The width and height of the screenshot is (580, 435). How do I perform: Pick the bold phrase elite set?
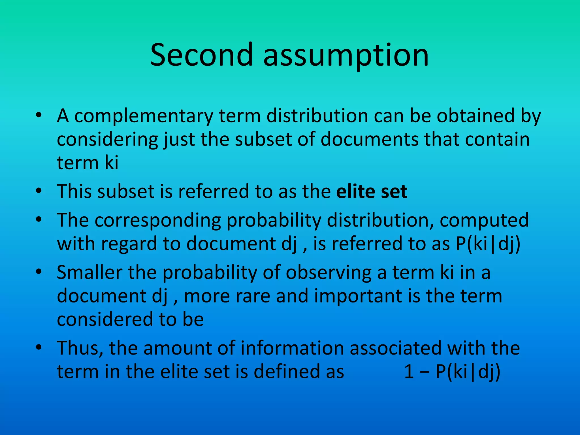372,191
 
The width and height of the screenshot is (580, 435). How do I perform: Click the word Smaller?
89,272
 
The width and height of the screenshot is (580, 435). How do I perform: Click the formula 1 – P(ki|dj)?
452,372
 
